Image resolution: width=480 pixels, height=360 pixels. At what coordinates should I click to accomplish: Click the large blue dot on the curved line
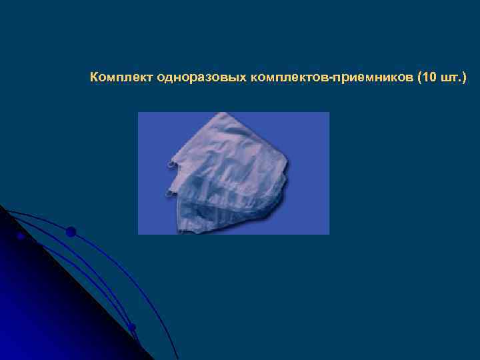pyautogui.click(x=71, y=232)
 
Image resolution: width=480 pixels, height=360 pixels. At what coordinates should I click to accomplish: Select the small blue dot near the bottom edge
pyautogui.click(x=132, y=327)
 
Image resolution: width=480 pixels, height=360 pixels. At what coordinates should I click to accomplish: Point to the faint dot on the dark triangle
pyautogui.click(x=21, y=236)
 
